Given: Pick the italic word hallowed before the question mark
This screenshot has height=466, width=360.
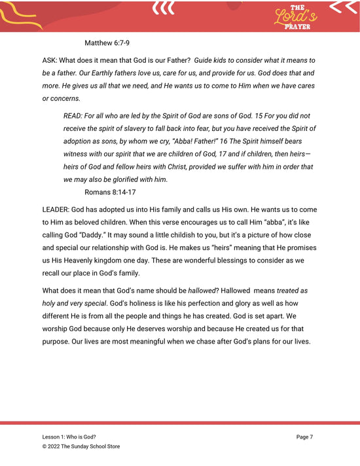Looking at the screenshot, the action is click(206, 291).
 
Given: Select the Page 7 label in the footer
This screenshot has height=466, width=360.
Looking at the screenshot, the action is click(305, 437).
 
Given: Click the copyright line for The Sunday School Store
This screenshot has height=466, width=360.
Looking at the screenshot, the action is click(81, 446).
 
